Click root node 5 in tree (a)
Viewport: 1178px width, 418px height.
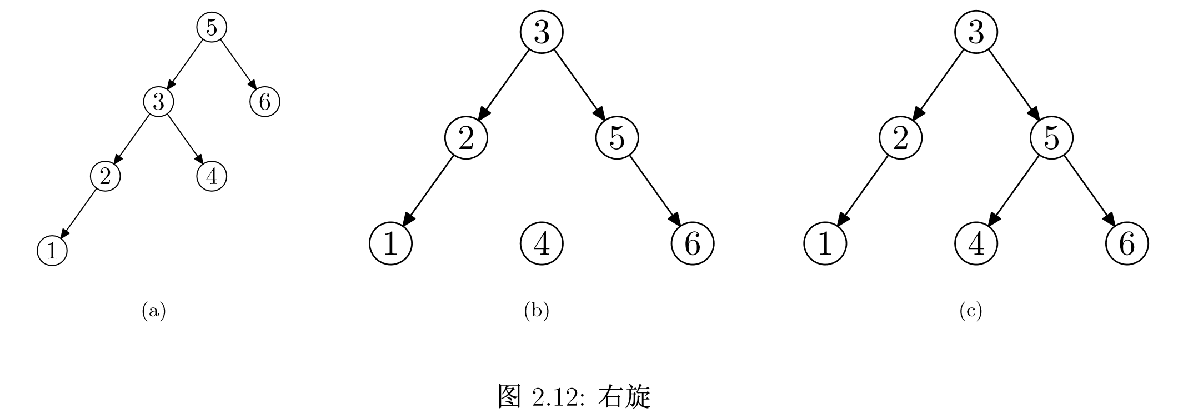pos(212,27)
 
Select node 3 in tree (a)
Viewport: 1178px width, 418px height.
pos(159,102)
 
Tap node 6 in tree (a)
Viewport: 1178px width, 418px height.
pos(265,102)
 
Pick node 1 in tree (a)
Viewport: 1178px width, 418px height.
pos(52,251)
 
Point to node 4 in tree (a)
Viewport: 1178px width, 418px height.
pos(212,177)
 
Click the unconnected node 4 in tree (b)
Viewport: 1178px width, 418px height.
pos(542,243)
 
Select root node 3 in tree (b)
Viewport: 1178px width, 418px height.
pos(542,32)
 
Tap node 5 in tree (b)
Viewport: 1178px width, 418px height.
pos(617,138)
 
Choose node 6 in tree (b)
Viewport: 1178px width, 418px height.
pos(693,243)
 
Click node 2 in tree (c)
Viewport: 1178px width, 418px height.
pos(900,138)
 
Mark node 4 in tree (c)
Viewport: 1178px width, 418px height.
pos(976,243)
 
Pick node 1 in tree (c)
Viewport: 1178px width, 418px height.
pos(825,243)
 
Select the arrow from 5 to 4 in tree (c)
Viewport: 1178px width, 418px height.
pos(1014,191)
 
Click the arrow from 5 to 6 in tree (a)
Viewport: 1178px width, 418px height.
pos(238,64)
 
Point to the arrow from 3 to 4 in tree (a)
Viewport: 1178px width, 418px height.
pos(185,140)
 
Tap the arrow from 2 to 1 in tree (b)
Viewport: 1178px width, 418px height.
pos(429,191)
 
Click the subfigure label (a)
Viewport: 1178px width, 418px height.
pos(154,311)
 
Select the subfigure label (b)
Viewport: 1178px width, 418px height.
pos(537,311)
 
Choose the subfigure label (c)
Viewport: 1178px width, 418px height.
pos(970,311)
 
